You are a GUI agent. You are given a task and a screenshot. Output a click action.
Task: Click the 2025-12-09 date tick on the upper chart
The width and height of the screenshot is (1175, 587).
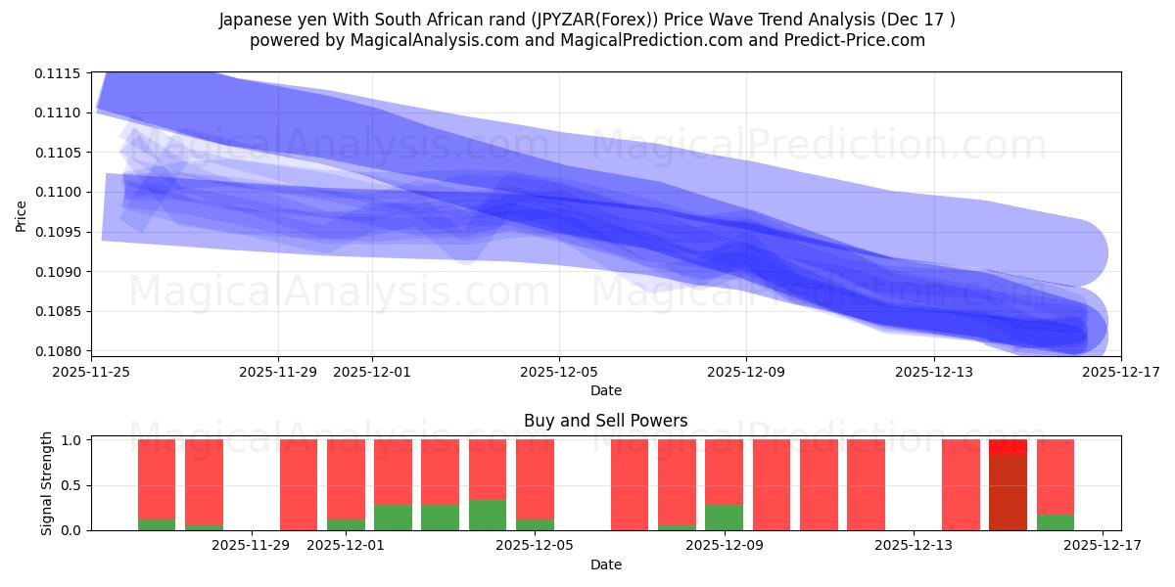tap(746, 372)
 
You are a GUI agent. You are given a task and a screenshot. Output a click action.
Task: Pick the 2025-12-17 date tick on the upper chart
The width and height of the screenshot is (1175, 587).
tap(1120, 372)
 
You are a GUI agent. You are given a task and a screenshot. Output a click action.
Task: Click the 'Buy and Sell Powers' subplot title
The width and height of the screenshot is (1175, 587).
tap(605, 421)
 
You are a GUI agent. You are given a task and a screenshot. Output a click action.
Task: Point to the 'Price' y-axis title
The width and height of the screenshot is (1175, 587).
tap(22, 214)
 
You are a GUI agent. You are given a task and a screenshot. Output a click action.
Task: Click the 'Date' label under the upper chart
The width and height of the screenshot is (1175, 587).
tap(605, 390)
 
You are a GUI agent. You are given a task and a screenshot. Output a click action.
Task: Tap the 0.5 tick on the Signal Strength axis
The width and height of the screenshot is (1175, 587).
tap(72, 485)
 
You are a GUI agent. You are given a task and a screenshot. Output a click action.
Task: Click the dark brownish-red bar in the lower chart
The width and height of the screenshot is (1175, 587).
tap(1008, 492)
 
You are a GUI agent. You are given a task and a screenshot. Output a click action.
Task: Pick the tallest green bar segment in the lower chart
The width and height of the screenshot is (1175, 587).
tap(488, 515)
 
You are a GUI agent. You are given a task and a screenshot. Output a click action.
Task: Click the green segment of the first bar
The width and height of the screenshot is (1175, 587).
tap(157, 524)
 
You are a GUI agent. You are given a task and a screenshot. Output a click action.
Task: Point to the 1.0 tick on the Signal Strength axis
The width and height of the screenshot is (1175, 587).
tap(72, 440)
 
